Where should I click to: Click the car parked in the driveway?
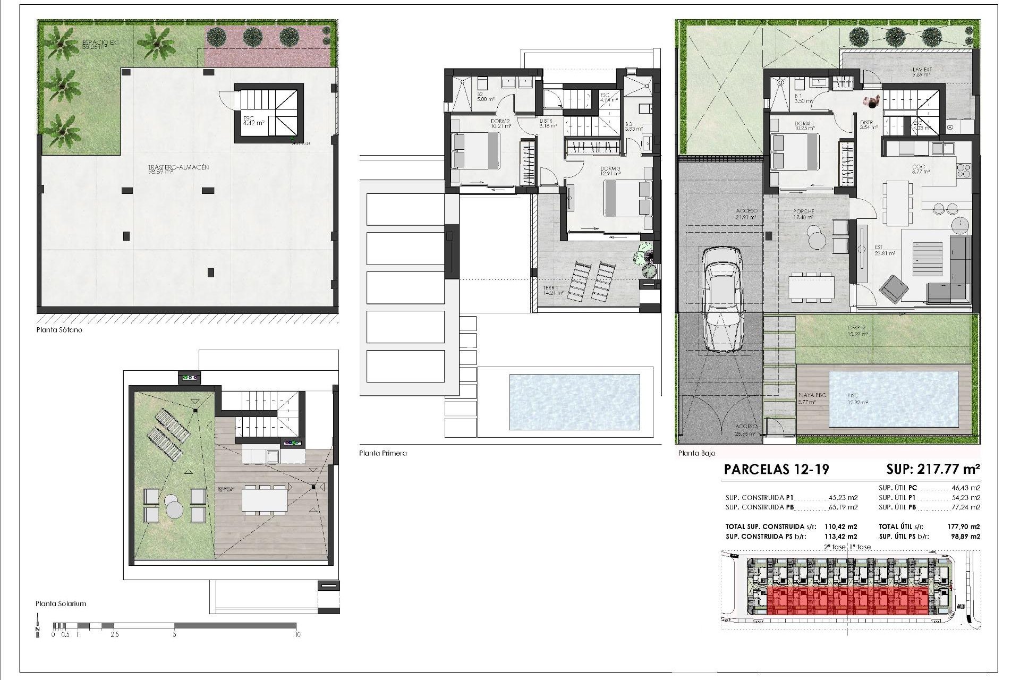[x=721, y=301]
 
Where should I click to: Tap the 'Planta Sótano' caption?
[x=59, y=330]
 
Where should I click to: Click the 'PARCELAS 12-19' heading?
[x=776, y=469]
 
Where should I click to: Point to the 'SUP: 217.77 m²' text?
[x=932, y=469]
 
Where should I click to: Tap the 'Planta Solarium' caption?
[x=61, y=603]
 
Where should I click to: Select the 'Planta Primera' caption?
[x=382, y=453]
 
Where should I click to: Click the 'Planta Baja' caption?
[x=696, y=453]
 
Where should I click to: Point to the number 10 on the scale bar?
[x=297, y=634]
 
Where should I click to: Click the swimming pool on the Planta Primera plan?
[x=574, y=402]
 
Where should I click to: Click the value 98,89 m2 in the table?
[x=966, y=537]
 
